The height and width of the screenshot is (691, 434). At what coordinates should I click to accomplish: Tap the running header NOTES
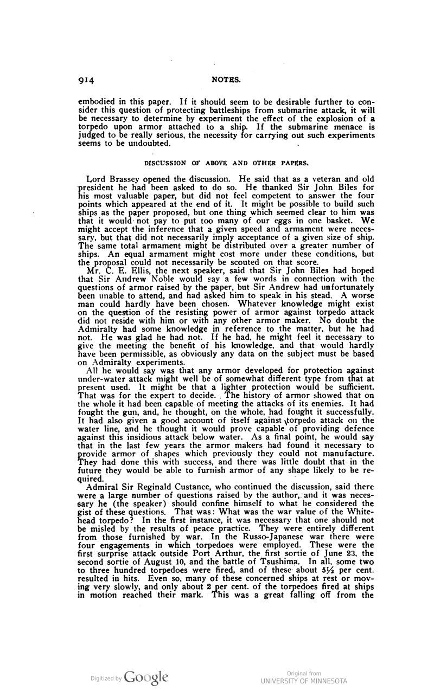[226, 81]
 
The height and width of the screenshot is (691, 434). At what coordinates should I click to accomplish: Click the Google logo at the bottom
[146, 677]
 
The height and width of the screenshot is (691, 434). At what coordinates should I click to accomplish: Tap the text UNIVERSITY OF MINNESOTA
[304, 681]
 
